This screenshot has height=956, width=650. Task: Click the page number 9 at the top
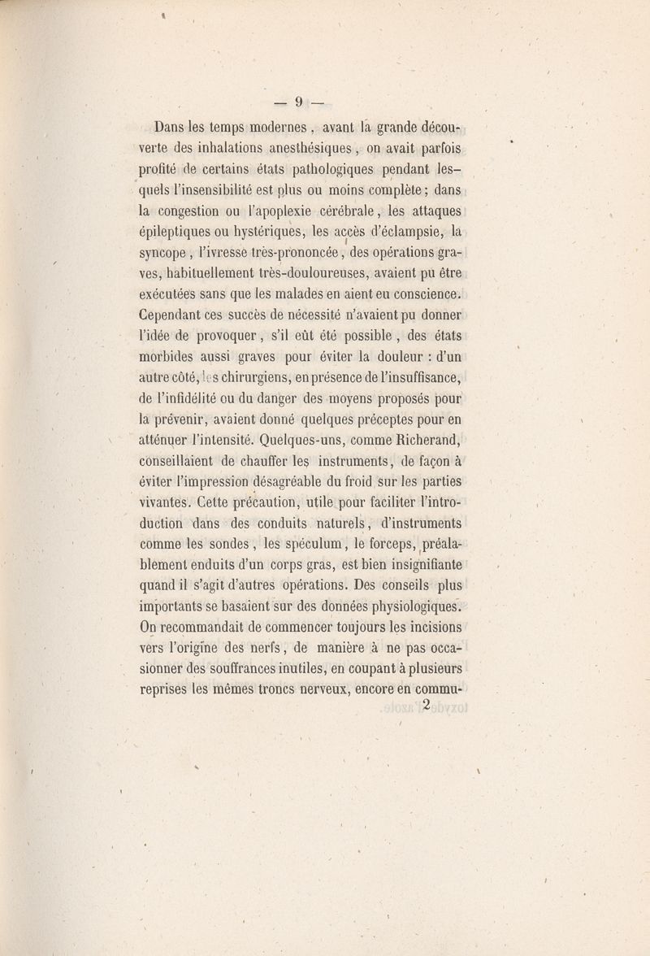pos(299,102)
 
